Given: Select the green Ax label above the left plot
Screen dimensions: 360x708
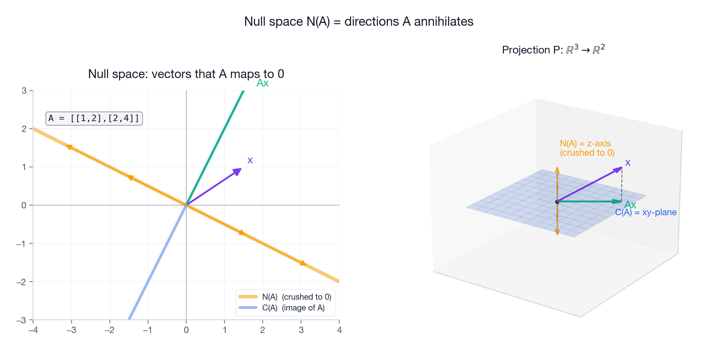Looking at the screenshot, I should (262, 83).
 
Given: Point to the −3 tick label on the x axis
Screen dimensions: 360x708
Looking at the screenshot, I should (71, 330).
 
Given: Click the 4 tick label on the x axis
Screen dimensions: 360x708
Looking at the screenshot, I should (339, 330).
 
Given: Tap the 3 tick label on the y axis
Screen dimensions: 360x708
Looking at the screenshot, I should (24, 91).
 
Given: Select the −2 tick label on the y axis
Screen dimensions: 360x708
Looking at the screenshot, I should (21, 282).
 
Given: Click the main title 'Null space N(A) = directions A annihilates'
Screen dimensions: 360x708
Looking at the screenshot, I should (358, 22).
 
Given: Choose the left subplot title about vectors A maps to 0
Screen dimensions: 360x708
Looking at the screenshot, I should (186, 74).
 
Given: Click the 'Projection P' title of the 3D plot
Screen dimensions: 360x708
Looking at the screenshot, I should (553, 49).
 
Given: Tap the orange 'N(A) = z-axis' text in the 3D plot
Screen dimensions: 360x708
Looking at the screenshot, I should (585, 144).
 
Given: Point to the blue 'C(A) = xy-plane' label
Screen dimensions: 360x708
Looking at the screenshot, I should (646, 212).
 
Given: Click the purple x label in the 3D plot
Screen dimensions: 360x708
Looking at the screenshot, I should (628, 163).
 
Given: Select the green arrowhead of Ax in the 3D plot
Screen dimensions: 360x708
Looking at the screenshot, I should (617, 201).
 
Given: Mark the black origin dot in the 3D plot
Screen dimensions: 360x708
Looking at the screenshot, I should (557, 202).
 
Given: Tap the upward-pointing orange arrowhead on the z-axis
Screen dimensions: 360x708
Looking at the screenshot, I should (557, 170).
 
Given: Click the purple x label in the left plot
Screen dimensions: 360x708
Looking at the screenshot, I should (250, 160).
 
